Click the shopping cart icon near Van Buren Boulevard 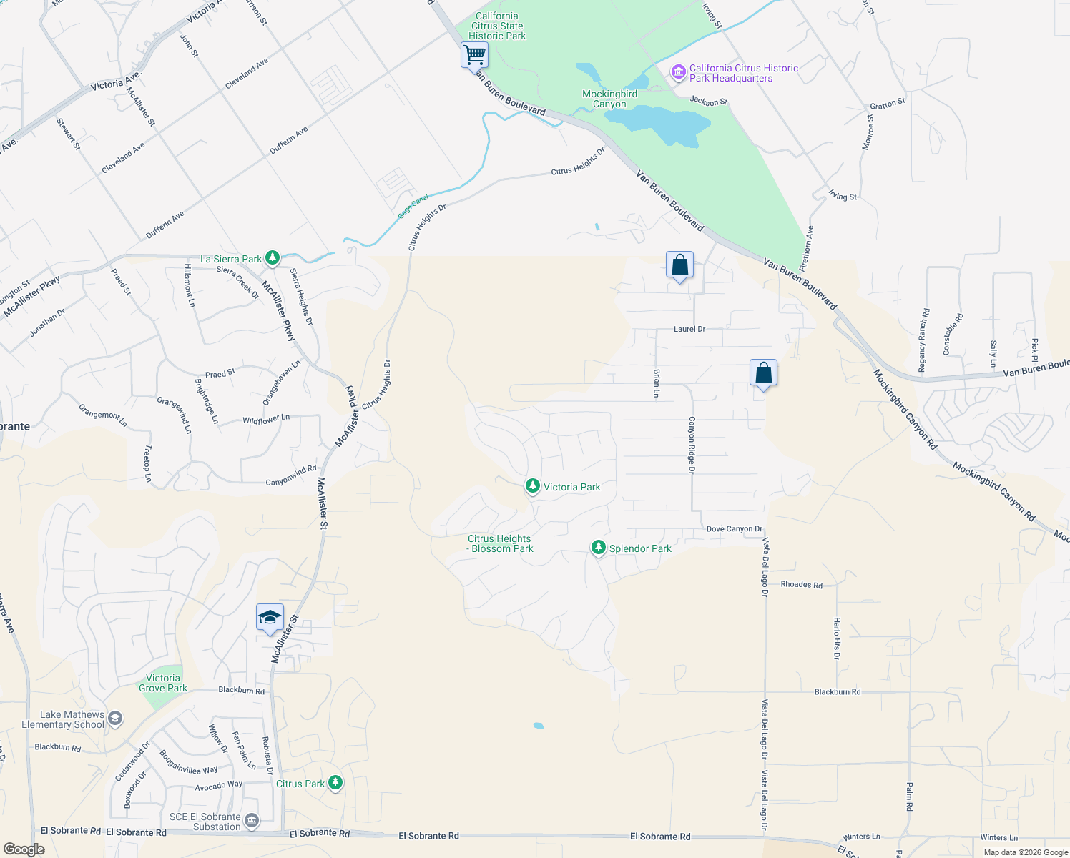click(x=474, y=54)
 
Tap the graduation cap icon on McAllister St click(x=270, y=617)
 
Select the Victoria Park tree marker click(x=532, y=486)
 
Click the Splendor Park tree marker click(x=598, y=548)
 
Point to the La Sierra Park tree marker click(x=272, y=258)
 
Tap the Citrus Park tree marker click(x=335, y=783)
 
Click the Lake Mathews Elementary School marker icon click(x=115, y=719)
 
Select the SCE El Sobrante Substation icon click(x=251, y=821)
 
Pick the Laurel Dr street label click(x=689, y=329)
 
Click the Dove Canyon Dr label click(x=734, y=529)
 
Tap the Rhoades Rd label click(x=801, y=585)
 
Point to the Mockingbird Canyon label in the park click(x=609, y=99)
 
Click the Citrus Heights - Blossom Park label click(x=500, y=543)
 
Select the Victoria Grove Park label click(x=163, y=683)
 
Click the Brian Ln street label click(x=657, y=383)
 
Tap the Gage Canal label click(x=413, y=207)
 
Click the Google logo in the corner click(x=24, y=849)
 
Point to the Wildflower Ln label click(x=266, y=419)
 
